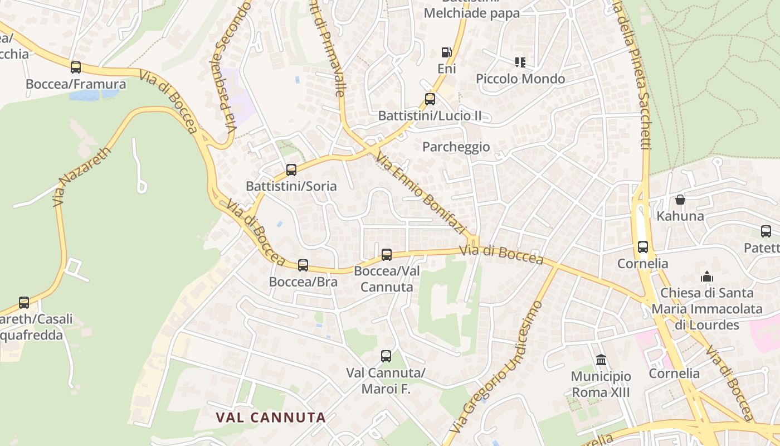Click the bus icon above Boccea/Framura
(76, 67)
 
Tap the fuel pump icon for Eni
(446, 52)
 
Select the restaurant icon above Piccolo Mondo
(520, 62)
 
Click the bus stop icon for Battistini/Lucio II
(430, 99)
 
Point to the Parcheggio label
(456, 147)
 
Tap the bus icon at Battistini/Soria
(291, 169)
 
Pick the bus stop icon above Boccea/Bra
(303, 265)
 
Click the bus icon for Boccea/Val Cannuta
(387, 255)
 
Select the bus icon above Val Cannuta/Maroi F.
(386, 356)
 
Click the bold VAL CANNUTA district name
(271, 417)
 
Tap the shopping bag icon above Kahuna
(680, 199)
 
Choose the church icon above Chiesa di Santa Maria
(707, 277)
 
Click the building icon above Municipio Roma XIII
(601, 360)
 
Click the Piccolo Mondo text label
(520, 79)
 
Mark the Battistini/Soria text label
(291, 186)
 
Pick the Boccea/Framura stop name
(76, 84)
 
